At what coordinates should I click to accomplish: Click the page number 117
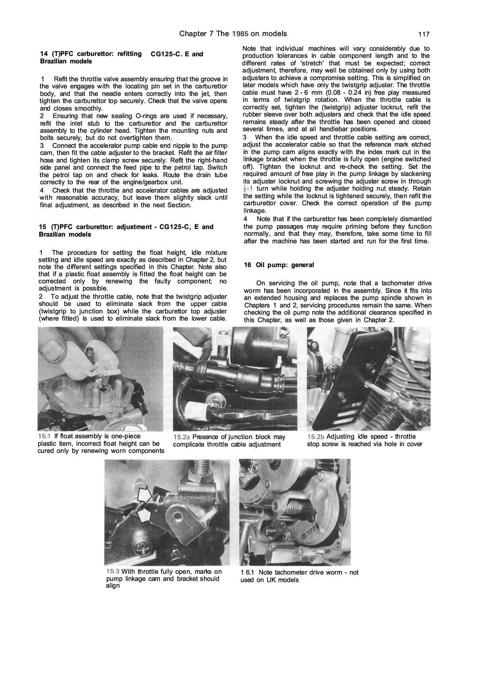424,34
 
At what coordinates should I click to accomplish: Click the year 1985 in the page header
240,34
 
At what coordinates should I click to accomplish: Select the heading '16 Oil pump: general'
279,265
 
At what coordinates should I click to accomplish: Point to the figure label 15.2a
182,437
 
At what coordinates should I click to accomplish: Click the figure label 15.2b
316,437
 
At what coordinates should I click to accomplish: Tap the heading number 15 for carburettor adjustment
42,227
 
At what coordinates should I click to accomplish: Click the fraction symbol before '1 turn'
246,189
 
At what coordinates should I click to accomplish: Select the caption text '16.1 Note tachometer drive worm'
299,573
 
